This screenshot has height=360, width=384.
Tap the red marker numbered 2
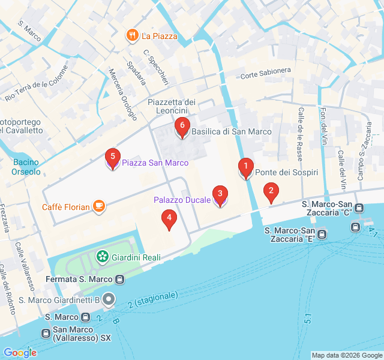click(271, 193)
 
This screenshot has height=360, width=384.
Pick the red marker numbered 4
click(170, 219)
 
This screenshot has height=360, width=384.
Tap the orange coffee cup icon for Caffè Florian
click(98, 207)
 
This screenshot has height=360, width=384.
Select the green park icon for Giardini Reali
click(102, 257)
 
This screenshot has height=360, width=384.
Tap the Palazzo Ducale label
click(182, 199)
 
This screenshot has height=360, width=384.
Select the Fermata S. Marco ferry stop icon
click(120, 279)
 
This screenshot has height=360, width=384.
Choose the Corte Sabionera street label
click(266, 73)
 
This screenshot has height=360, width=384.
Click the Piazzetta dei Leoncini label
click(172, 106)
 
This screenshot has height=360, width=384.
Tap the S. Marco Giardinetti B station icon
click(108, 298)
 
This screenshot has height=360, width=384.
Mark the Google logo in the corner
click(20, 353)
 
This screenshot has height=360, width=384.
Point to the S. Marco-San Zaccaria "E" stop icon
click(322, 234)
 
